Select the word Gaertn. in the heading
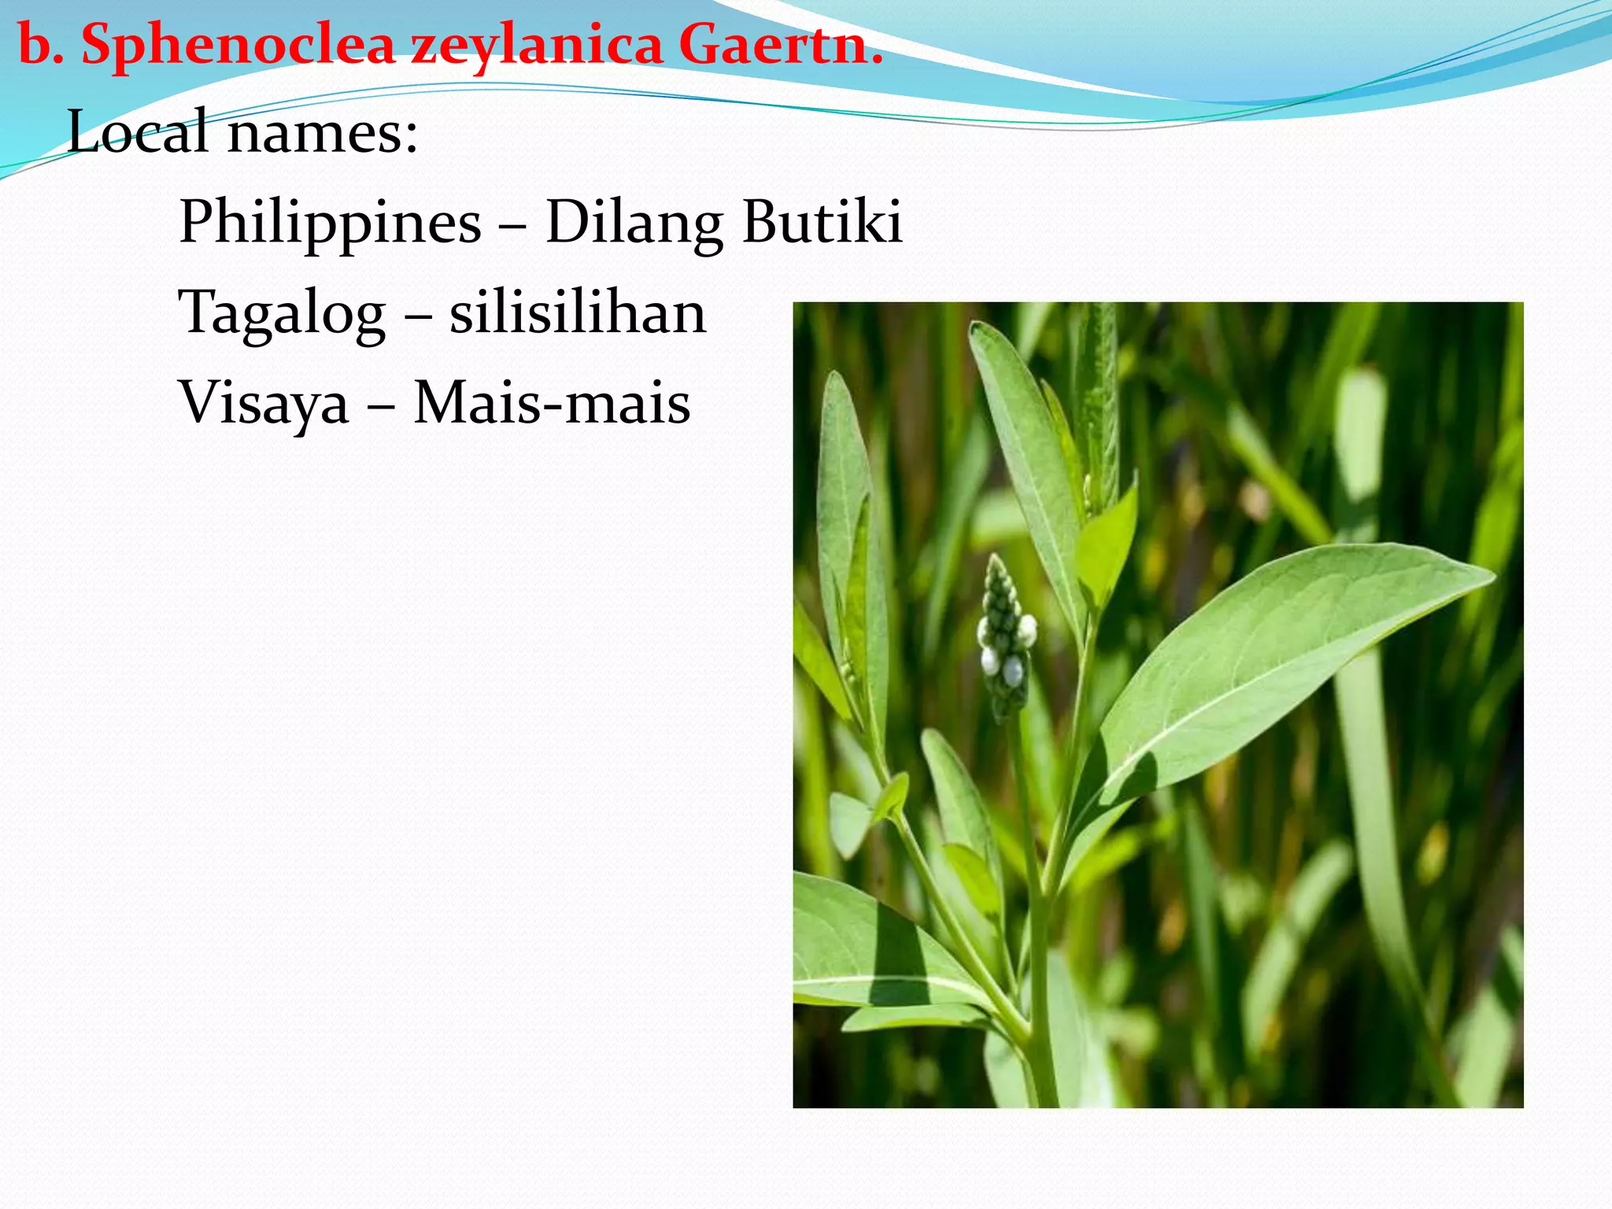[780, 46]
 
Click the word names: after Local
[323, 132]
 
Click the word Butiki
[822, 222]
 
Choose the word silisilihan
[578, 312]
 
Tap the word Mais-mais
[552, 403]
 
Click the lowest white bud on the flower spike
[1013, 670]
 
